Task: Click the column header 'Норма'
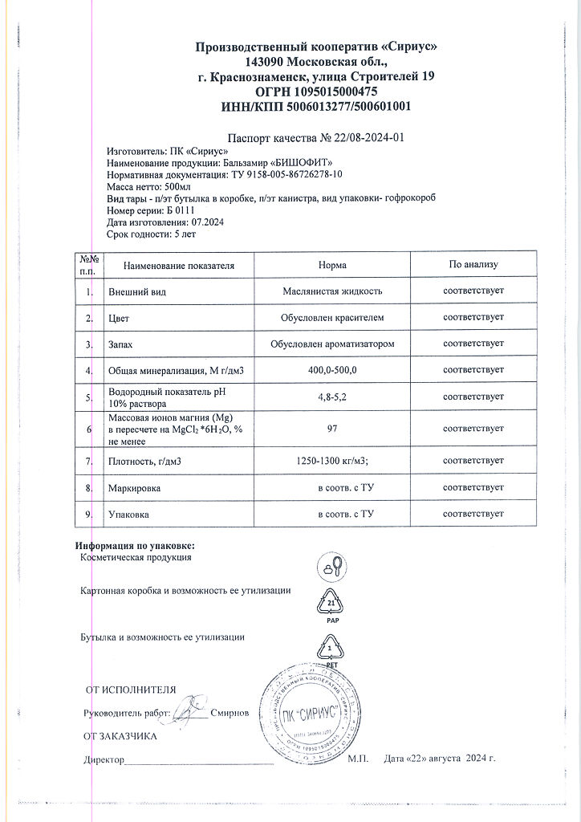[x=331, y=265]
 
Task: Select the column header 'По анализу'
[x=473, y=265]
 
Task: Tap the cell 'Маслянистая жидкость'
[x=331, y=291]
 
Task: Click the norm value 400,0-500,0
[x=331, y=369]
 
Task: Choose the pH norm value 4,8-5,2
[x=331, y=397]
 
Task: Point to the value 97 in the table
[x=331, y=429]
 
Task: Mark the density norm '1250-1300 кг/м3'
[x=331, y=461]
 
